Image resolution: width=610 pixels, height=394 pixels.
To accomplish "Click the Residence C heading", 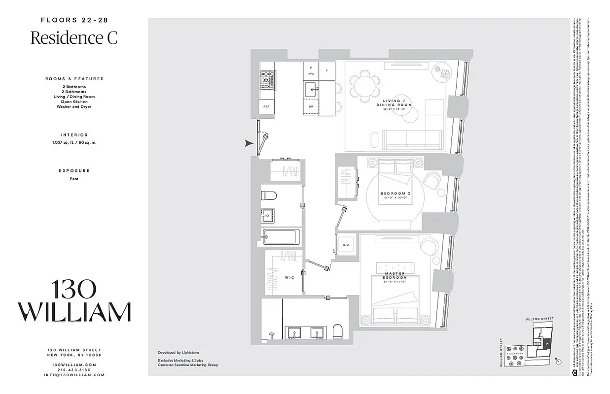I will coord(74,38).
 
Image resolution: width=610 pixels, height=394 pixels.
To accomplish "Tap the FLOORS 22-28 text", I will coord(74,20).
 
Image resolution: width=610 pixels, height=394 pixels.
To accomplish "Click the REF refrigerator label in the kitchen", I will coord(266,106).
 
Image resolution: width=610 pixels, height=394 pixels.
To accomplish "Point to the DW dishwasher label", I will coord(311,106).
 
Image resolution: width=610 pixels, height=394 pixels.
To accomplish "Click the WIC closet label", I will coord(289,277).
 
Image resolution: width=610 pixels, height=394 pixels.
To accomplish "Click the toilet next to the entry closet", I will coord(269,196).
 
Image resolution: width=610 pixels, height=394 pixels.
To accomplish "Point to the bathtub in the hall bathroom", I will coord(280,237).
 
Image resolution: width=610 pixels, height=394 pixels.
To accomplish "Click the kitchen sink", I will coord(311,90).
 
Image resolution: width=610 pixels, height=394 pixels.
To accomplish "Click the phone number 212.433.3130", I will coord(74,369).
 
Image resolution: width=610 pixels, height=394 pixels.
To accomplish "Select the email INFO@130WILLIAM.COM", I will coord(74,375).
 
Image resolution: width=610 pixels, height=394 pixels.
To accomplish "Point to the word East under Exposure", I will coord(74,179).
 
